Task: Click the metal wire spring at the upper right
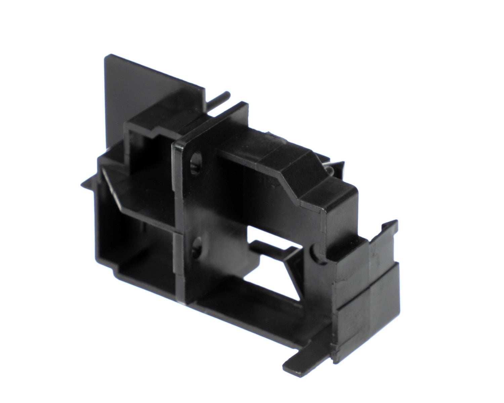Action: [331, 168]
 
